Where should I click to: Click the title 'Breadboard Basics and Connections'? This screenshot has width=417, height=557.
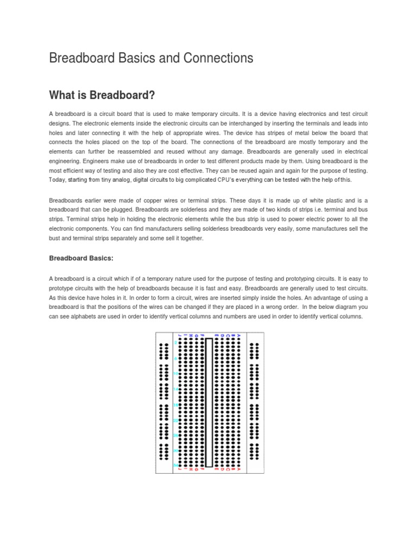151,58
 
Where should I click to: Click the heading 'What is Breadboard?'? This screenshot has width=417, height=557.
102,96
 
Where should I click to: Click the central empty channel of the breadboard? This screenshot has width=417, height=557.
208,403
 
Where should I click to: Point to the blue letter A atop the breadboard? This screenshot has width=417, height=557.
238,336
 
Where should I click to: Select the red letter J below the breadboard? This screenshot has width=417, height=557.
179,469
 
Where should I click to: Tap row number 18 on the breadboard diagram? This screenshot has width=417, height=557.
175,406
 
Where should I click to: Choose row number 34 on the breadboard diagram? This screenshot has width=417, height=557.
175,466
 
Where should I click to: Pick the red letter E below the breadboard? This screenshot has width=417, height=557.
216,469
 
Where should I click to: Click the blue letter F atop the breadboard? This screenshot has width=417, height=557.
203,336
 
